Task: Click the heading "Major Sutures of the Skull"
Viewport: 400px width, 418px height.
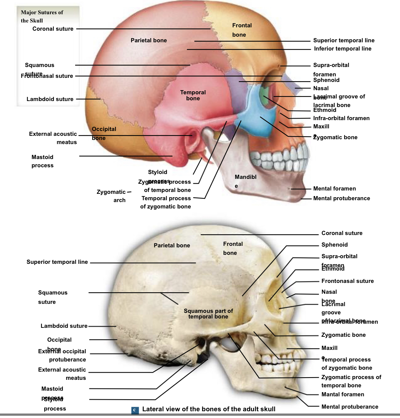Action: (42, 16)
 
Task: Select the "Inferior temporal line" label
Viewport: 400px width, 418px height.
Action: (342, 49)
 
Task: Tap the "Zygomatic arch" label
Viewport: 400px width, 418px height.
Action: (111, 196)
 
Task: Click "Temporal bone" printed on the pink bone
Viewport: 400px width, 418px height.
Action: (193, 95)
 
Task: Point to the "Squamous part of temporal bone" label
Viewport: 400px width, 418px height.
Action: (208, 314)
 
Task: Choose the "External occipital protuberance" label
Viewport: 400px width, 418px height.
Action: (62, 356)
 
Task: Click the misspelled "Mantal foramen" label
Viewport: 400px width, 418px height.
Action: (342, 394)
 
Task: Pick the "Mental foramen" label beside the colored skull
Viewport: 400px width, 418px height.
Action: (334, 189)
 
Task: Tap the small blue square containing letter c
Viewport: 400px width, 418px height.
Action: (135, 410)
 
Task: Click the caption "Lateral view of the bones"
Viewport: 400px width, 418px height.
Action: (209, 409)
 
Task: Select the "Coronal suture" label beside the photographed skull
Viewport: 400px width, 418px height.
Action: (342, 233)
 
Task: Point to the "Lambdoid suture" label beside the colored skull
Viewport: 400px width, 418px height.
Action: (50, 99)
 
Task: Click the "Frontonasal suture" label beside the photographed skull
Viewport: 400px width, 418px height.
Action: (347, 281)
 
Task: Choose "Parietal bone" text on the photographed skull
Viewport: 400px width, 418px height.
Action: (172, 245)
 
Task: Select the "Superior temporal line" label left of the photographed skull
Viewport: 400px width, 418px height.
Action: (57, 262)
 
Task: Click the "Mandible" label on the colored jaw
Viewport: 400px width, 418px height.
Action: (245, 181)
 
